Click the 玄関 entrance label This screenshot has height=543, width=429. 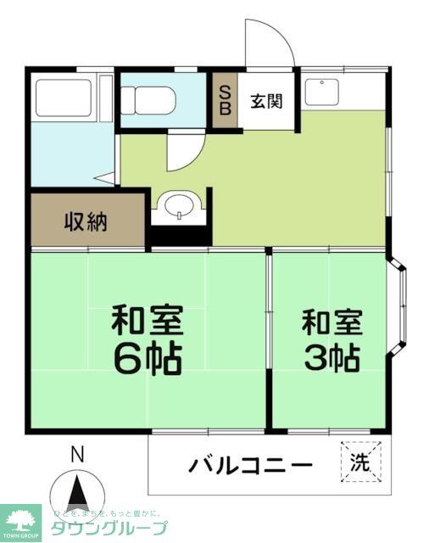click(x=265, y=101)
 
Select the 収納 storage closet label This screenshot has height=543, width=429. click(x=86, y=223)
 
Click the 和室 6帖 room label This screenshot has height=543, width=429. click(x=148, y=341)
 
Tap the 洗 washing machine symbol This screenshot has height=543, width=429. click(x=361, y=463)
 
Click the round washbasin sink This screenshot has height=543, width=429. click(x=179, y=206)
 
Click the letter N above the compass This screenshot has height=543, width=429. click(x=76, y=456)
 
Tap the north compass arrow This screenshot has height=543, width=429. click(x=77, y=494)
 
